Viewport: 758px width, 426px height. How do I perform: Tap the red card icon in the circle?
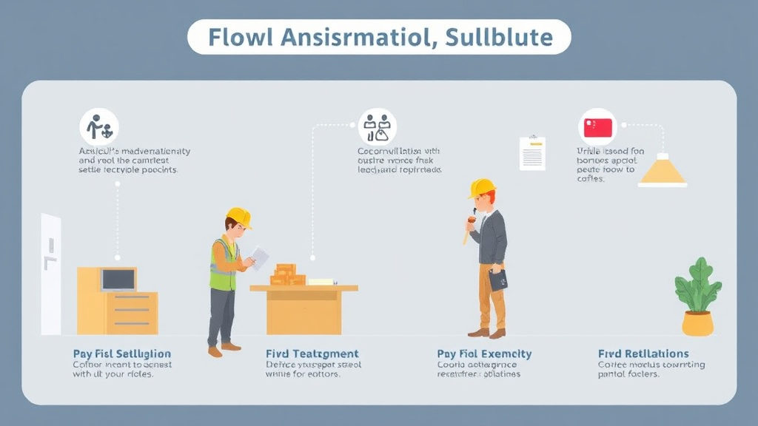point(598,127)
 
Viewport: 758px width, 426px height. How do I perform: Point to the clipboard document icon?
point(531,153)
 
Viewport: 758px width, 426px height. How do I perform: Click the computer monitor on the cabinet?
point(118,279)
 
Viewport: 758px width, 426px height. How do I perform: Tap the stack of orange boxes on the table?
point(287,274)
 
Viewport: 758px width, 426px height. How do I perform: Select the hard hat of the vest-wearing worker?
point(238,216)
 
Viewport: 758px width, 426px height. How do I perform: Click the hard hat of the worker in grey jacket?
point(482,188)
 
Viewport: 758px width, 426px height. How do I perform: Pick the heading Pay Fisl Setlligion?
point(121,354)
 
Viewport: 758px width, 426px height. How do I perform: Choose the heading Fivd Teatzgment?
point(312,354)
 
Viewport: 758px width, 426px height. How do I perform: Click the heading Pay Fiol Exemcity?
point(484,354)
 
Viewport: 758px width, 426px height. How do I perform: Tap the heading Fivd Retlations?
point(643,354)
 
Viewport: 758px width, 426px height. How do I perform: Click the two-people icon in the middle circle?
point(377,127)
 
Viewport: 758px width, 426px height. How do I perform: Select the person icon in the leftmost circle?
point(99,127)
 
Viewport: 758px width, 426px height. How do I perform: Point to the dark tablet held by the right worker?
point(498,280)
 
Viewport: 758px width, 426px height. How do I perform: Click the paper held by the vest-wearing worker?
point(259,257)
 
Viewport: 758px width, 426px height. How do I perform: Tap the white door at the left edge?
point(50,274)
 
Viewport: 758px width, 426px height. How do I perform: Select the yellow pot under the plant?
point(697,322)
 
